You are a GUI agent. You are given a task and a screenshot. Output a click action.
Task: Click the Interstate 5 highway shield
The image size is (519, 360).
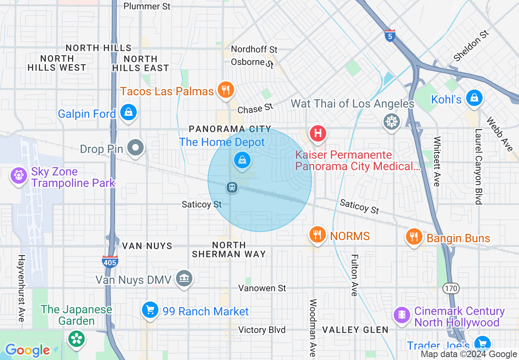pyautogui.click(x=390, y=36)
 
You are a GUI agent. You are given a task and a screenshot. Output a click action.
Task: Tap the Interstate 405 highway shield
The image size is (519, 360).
pyautogui.click(x=110, y=261)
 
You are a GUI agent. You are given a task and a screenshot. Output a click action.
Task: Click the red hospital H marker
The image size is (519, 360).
pyautogui.click(x=318, y=134)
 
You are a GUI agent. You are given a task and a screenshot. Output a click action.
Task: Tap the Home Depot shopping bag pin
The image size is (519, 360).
pyautogui.click(x=242, y=160)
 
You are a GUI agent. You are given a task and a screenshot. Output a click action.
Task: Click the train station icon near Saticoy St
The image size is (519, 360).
pyautogui.click(x=232, y=188)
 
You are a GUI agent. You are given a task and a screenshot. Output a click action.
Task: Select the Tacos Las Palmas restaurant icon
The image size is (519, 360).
pyautogui.click(x=225, y=90)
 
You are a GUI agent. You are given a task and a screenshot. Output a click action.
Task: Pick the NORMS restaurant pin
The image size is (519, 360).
pyautogui.click(x=317, y=235)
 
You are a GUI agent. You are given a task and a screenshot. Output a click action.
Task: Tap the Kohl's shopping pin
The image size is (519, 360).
pyautogui.click(x=474, y=98)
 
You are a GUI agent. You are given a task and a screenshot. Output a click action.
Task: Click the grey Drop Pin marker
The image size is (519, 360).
pyautogui.click(x=135, y=148)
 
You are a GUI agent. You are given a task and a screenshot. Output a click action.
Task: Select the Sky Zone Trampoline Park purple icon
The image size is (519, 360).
pyautogui.click(x=19, y=176)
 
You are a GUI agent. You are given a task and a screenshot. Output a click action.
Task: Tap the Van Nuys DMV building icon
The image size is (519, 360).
pyautogui.click(x=184, y=279)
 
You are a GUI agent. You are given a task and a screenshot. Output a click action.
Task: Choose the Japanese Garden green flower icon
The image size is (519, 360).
pyautogui.click(x=77, y=339)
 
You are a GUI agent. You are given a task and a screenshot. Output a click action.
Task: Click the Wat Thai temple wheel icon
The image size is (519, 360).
pyautogui.click(x=391, y=121)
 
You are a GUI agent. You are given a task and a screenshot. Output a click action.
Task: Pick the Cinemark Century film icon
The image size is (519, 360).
pyautogui.click(x=402, y=315)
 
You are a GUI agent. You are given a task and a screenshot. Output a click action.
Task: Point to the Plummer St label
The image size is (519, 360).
pyautogui.click(x=147, y=6)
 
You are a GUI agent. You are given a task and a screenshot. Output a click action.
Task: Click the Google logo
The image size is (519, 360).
pyautogui.click(x=27, y=350)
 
